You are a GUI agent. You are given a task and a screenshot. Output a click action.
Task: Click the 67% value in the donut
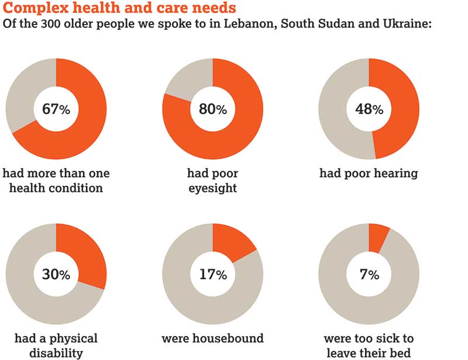[x=56, y=109]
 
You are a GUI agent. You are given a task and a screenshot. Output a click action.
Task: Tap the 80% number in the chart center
[x=212, y=109]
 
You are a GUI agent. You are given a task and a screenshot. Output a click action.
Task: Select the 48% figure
[x=369, y=109]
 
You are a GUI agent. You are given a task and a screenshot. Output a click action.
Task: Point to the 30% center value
[x=56, y=274]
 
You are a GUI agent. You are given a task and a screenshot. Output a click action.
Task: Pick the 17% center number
[x=212, y=274]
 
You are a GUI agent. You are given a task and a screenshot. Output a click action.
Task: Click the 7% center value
[x=369, y=274]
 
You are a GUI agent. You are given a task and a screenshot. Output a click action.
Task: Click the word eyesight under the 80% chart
[x=212, y=188]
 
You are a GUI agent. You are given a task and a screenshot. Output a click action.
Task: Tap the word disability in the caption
[x=56, y=353]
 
